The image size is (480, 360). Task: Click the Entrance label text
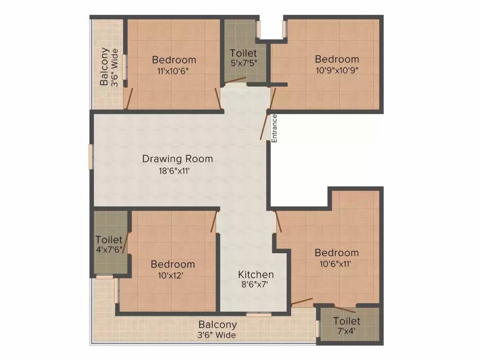pyautogui.click(x=275, y=128)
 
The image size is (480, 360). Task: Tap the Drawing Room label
pyautogui.click(x=177, y=159)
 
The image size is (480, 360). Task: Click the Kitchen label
pyautogui.click(x=255, y=274)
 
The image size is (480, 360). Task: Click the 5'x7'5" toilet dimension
pyautogui.click(x=243, y=63)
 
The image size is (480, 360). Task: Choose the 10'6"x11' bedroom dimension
pyautogui.click(x=337, y=263)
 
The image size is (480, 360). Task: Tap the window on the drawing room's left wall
pyautogui.click(x=91, y=156)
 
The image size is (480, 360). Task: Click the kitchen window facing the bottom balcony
pyautogui.click(x=259, y=315)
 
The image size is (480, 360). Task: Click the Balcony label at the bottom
pyautogui.click(x=217, y=324)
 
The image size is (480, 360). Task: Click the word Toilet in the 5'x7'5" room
pyautogui.click(x=243, y=53)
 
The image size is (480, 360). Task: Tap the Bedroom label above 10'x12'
pyautogui.click(x=172, y=264)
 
